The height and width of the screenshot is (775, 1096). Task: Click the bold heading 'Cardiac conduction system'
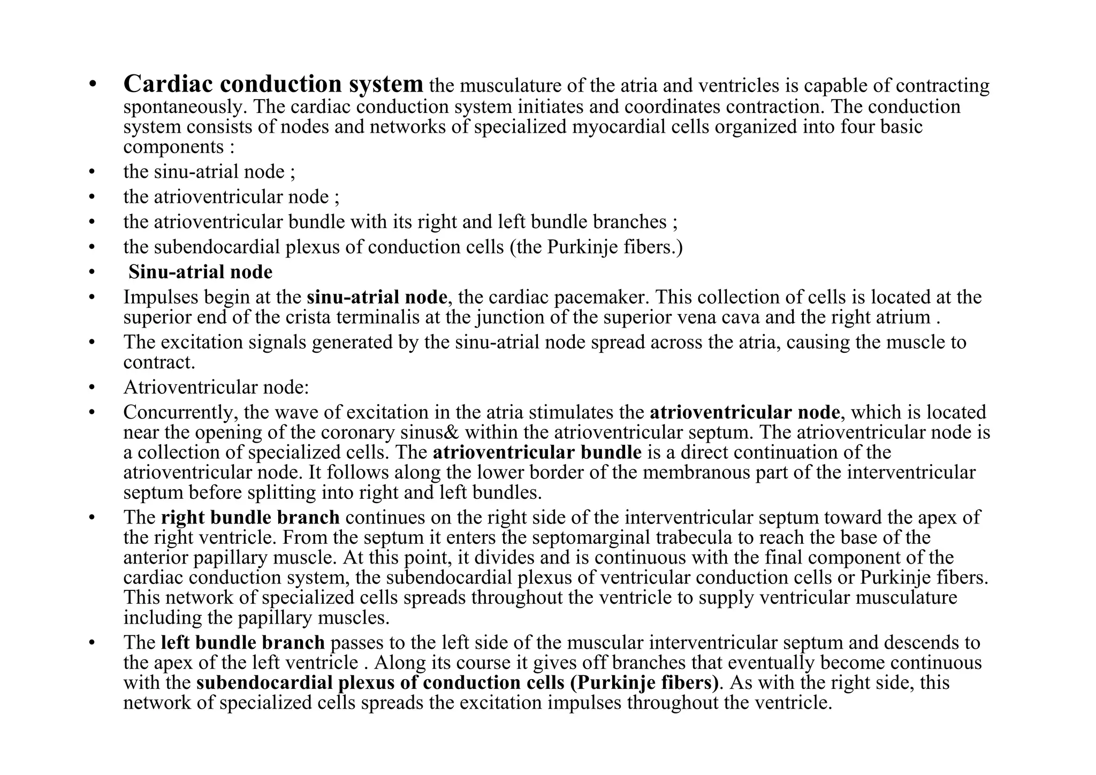pos(273,84)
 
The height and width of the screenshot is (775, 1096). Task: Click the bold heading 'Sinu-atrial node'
pos(200,272)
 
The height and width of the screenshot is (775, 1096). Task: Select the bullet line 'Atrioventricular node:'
pos(216,386)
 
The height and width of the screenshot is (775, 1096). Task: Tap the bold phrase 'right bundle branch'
pos(250,518)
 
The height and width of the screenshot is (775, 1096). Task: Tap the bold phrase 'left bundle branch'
pos(242,643)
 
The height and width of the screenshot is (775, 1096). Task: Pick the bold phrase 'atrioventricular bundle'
pos(537,452)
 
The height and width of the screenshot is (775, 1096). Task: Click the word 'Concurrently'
pos(180,413)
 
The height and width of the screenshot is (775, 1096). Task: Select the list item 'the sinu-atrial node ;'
pos(209,172)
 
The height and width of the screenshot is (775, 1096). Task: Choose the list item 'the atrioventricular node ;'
pos(231,197)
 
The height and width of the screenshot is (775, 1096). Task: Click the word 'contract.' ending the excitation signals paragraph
pos(159,363)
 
